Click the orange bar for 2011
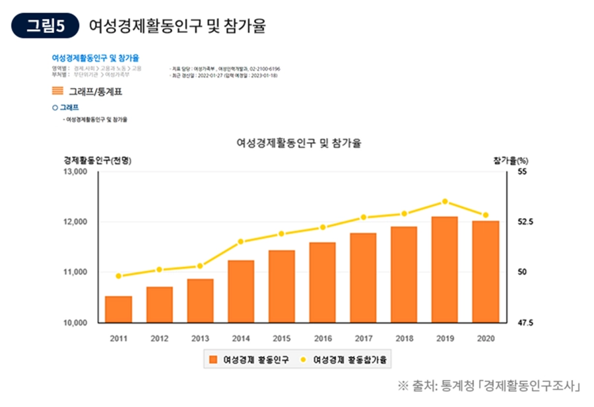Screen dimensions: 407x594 coord(119,309)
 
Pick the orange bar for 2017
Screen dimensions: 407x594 coord(363,277)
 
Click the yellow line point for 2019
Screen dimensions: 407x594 coord(445,201)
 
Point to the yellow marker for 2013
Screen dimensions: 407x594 coord(200,266)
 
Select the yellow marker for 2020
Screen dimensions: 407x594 coord(486,215)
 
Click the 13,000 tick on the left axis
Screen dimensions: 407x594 coord(76,172)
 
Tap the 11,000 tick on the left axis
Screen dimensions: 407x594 coord(76,272)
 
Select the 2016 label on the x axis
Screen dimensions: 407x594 coord(322,338)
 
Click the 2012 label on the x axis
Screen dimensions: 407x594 coord(159,338)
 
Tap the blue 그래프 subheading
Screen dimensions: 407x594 coord(65,107)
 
